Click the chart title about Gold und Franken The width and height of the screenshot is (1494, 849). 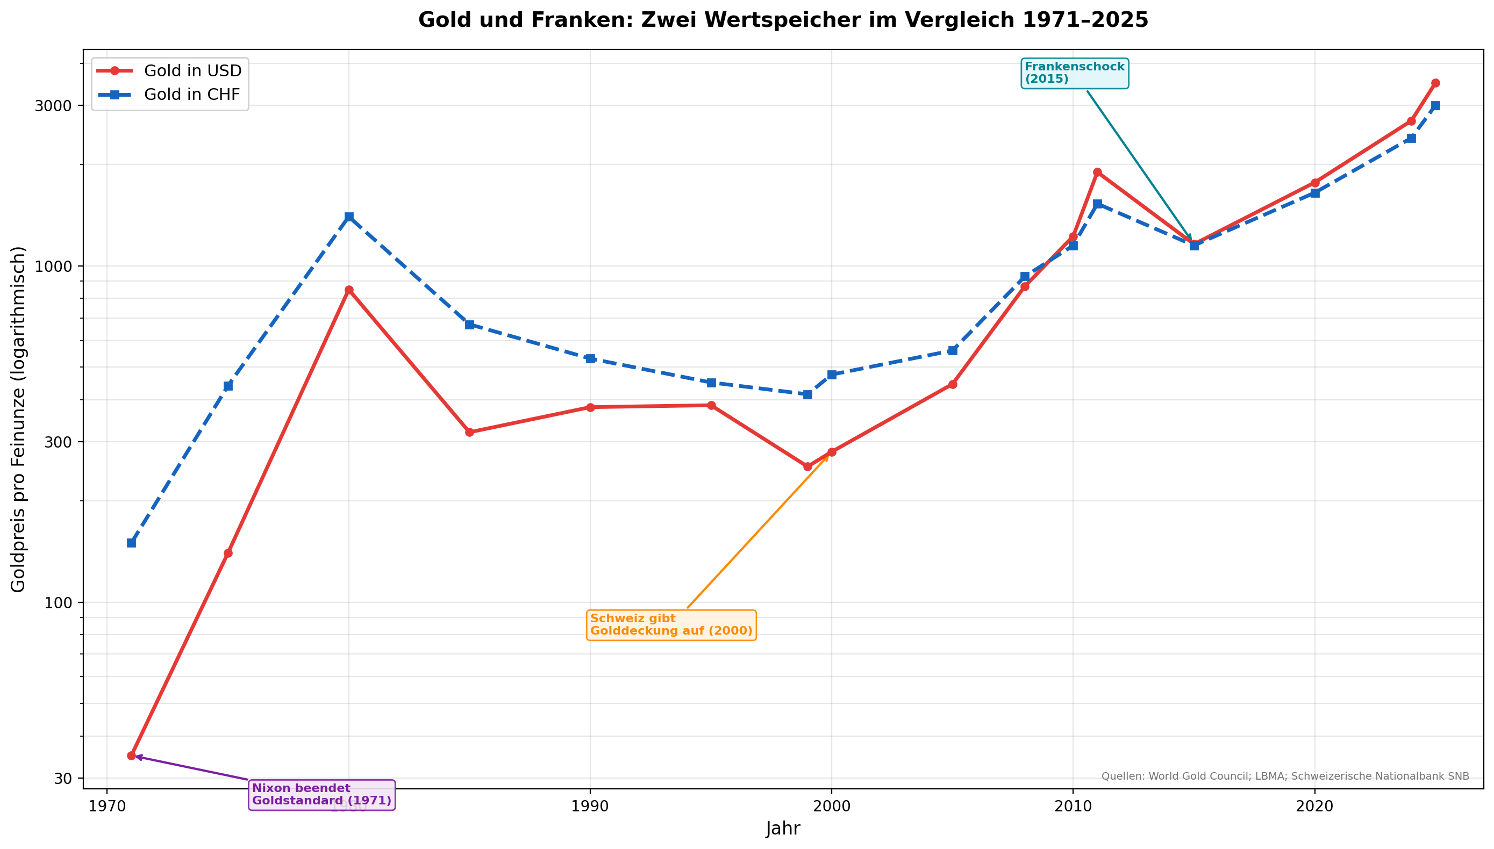(x=783, y=20)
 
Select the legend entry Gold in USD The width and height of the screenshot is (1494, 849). (x=192, y=71)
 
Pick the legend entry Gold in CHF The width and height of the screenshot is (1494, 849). (x=192, y=95)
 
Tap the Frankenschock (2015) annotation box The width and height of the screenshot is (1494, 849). (x=1075, y=74)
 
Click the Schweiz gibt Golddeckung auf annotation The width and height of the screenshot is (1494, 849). (x=671, y=625)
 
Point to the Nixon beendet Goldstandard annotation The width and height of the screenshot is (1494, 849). (x=321, y=795)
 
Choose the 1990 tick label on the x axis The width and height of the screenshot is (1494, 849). (x=590, y=807)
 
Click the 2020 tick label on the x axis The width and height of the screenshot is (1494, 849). (x=1314, y=807)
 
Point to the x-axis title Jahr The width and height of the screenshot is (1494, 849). (x=783, y=829)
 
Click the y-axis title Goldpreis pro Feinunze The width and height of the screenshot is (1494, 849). (x=19, y=419)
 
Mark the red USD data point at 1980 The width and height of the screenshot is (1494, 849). (x=349, y=290)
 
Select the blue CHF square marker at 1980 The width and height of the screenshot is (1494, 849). (x=349, y=217)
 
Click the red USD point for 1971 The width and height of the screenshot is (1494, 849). (x=131, y=756)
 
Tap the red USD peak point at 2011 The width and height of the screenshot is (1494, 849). (x=1097, y=172)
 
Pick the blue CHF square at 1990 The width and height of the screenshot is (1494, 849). (x=590, y=358)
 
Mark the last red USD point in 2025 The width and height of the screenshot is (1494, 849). (x=1435, y=83)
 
